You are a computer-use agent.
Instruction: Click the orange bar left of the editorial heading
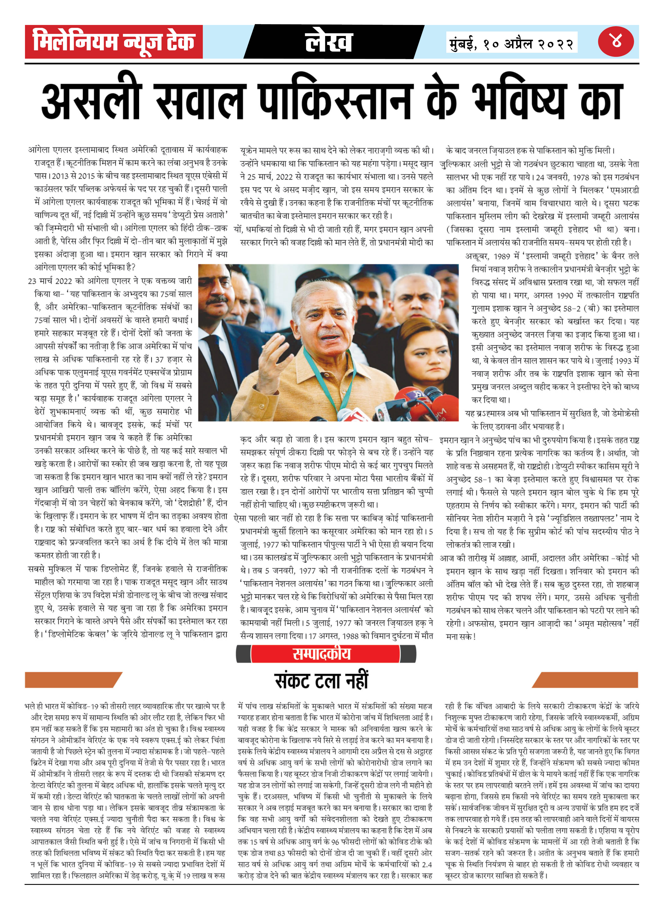[72, 679]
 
